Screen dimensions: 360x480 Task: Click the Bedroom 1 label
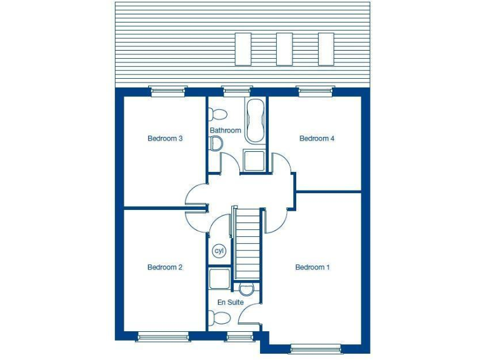pyautogui.click(x=312, y=267)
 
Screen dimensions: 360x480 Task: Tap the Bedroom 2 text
pyautogui.click(x=165, y=267)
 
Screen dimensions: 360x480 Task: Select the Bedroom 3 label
pyautogui.click(x=165, y=139)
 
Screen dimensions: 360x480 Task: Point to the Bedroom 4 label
pyautogui.click(x=317, y=139)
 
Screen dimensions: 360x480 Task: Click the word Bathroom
pyautogui.click(x=225, y=131)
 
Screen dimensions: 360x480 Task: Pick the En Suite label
pyautogui.click(x=231, y=302)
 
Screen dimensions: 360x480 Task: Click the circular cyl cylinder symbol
pyautogui.click(x=219, y=251)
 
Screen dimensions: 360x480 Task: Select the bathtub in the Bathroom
pyautogui.click(x=255, y=121)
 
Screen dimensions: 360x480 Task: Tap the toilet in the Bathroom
pyautogui.click(x=218, y=114)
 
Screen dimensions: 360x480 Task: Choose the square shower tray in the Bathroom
pyautogui.click(x=254, y=160)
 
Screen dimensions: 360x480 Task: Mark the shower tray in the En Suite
pyautogui.click(x=219, y=279)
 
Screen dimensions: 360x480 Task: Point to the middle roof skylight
pyautogui.click(x=284, y=49)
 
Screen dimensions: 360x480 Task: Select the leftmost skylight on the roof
pyautogui.click(x=243, y=49)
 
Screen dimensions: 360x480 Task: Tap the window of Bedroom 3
pyautogui.click(x=169, y=91)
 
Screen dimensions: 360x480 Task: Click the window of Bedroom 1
pyautogui.click(x=316, y=348)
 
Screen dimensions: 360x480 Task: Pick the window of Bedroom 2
pyautogui.click(x=162, y=337)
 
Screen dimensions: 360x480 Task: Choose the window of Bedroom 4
pyautogui.click(x=316, y=91)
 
